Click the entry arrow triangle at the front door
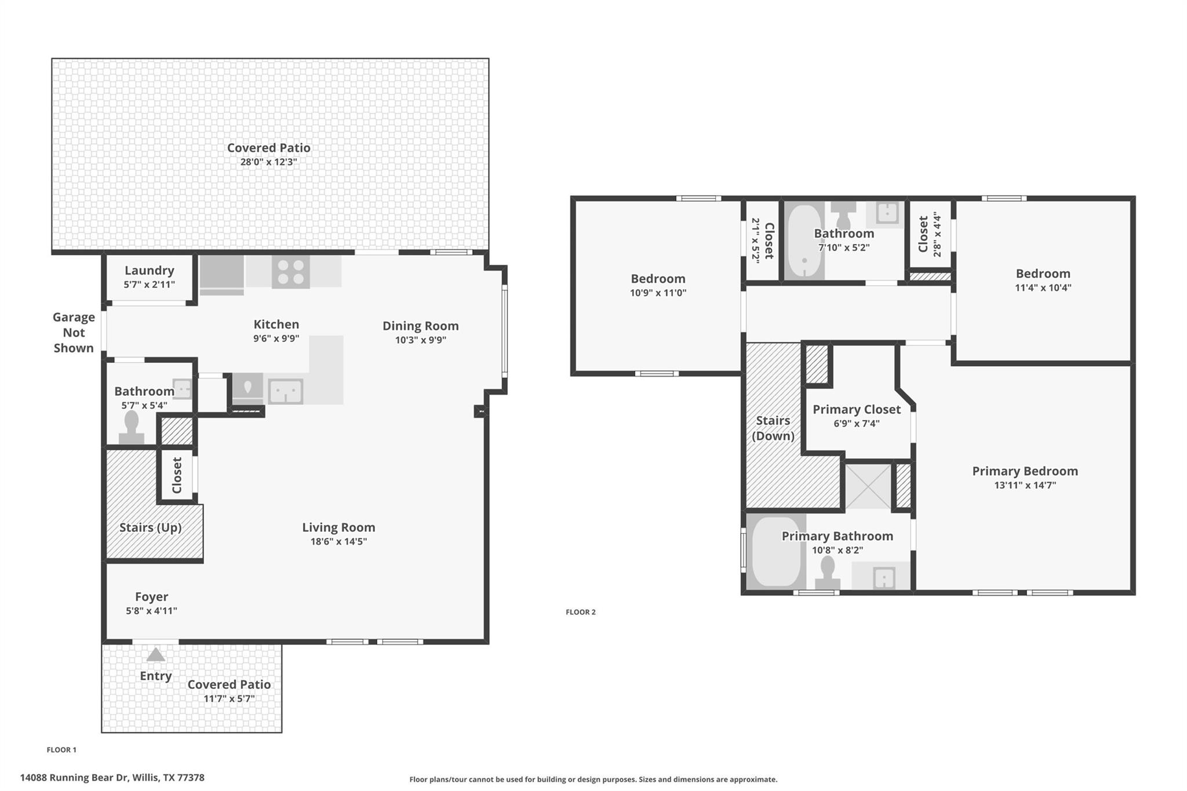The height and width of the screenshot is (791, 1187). [155, 655]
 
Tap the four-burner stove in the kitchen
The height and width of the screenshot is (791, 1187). [290, 272]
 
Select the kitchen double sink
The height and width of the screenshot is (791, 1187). [285, 391]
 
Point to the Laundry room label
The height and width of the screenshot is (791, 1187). [149, 271]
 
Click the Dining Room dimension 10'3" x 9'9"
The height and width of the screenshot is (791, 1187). [420, 340]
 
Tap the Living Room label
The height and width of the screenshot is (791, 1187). [338, 527]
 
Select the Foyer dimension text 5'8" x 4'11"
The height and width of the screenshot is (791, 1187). [151, 611]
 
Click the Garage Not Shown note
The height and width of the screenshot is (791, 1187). [74, 333]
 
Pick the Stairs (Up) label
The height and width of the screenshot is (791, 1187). [150, 527]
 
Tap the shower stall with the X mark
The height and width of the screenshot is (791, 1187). [868, 487]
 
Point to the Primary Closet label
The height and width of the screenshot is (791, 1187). [856, 410]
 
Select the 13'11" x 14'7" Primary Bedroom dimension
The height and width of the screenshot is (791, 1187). [1025, 486]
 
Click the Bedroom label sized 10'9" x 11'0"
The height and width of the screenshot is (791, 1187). [658, 279]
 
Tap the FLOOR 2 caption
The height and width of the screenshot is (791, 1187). [580, 612]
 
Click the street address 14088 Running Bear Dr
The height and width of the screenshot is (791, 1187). [112, 778]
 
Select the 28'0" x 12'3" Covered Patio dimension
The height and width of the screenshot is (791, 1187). [268, 162]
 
